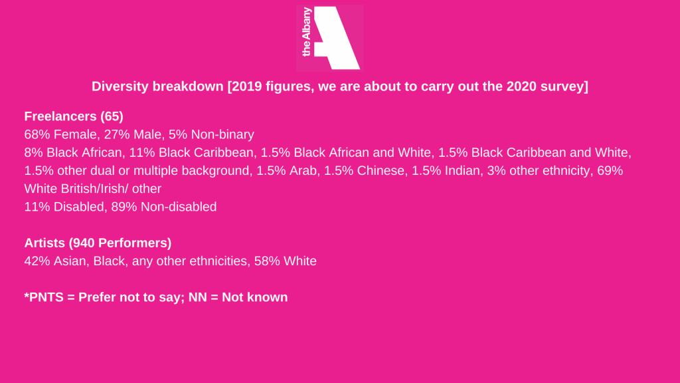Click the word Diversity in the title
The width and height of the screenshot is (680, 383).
point(120,86)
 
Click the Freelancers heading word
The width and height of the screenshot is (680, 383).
point(60,116)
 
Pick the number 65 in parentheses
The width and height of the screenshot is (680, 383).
point(112,116)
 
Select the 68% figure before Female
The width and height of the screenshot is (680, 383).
point(37,134)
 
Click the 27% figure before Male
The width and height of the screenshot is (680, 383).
point(117,134)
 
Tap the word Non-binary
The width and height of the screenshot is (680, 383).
point(222,135)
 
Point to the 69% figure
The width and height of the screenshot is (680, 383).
point(610,171)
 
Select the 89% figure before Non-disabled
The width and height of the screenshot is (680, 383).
point(124,207)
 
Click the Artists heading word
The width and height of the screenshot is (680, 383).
point(44,243)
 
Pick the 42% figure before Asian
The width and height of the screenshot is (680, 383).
point(37,261)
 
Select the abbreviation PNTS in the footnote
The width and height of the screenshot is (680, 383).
point(46,297)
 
